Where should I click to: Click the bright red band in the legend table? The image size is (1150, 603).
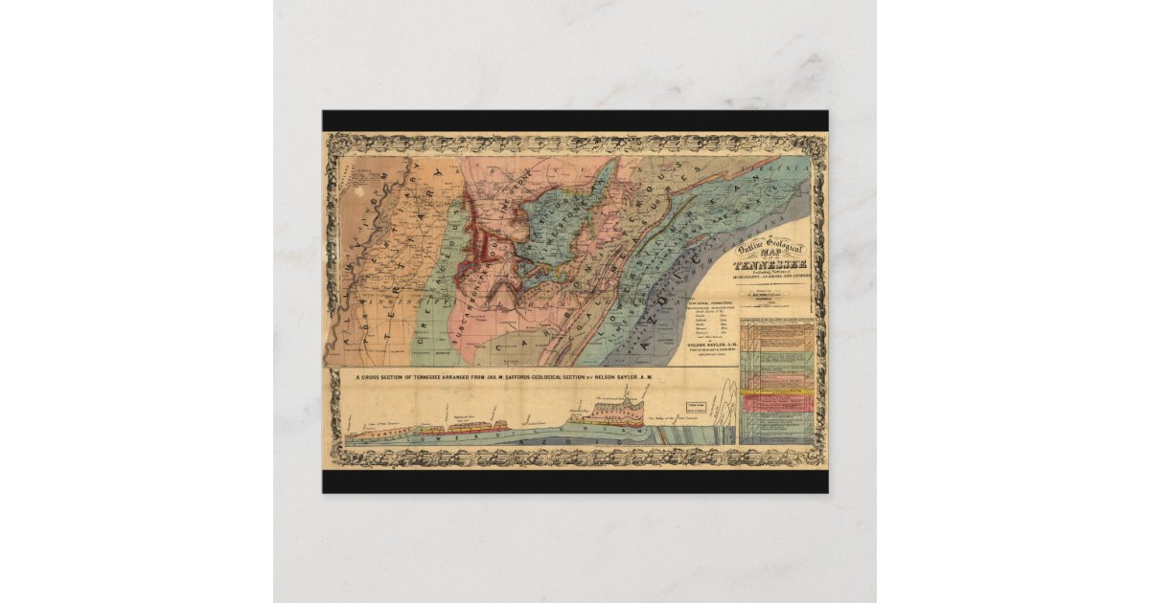point(777,399)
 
